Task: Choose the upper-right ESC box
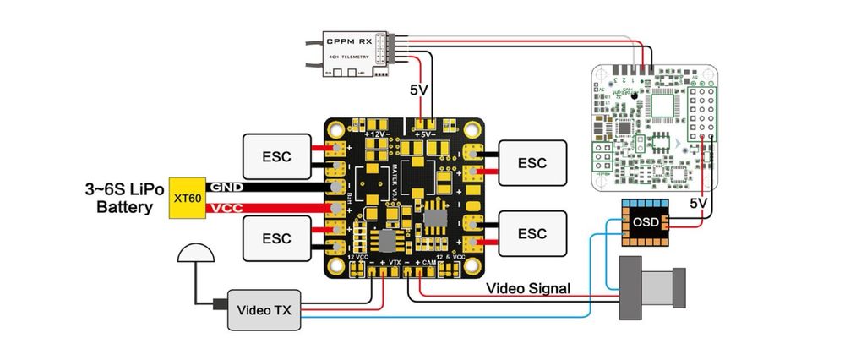tap(532, 161)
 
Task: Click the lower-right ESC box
tap(532, 232)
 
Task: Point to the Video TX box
tap(264, 311)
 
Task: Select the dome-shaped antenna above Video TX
tap(195, 253)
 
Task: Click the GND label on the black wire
tap(226, 187)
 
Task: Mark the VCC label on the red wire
tap(226, 207)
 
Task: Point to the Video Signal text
tap(528, 288)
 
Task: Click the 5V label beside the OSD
tap(698, 204)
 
